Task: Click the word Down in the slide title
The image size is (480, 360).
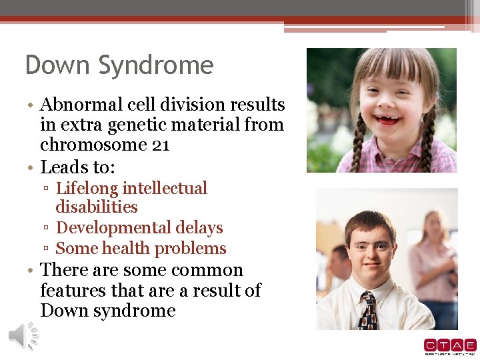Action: pos(58,65)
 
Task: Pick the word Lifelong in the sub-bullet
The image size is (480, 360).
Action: pos(86,189)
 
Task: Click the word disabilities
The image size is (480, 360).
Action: pos(97,207)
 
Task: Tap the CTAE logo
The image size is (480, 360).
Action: pos(449,346)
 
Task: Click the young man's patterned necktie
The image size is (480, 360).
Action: pos(368,311)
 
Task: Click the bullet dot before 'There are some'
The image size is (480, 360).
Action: pos(31,271)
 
